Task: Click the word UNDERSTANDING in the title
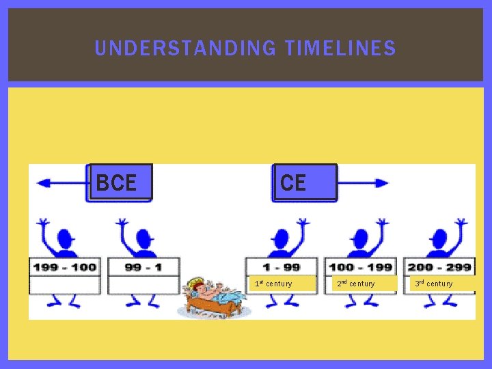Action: (185, 49)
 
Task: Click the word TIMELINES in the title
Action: (340, 49)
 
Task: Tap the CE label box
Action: (304, 182)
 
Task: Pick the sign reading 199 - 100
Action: (65, 266)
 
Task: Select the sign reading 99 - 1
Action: (143, 266)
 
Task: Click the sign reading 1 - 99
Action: (282, 266)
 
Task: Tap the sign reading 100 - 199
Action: (361, 266)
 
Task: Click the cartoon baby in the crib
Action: (212, 297)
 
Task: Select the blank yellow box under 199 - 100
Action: (65, 284)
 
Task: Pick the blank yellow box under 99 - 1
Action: (143, 284)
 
